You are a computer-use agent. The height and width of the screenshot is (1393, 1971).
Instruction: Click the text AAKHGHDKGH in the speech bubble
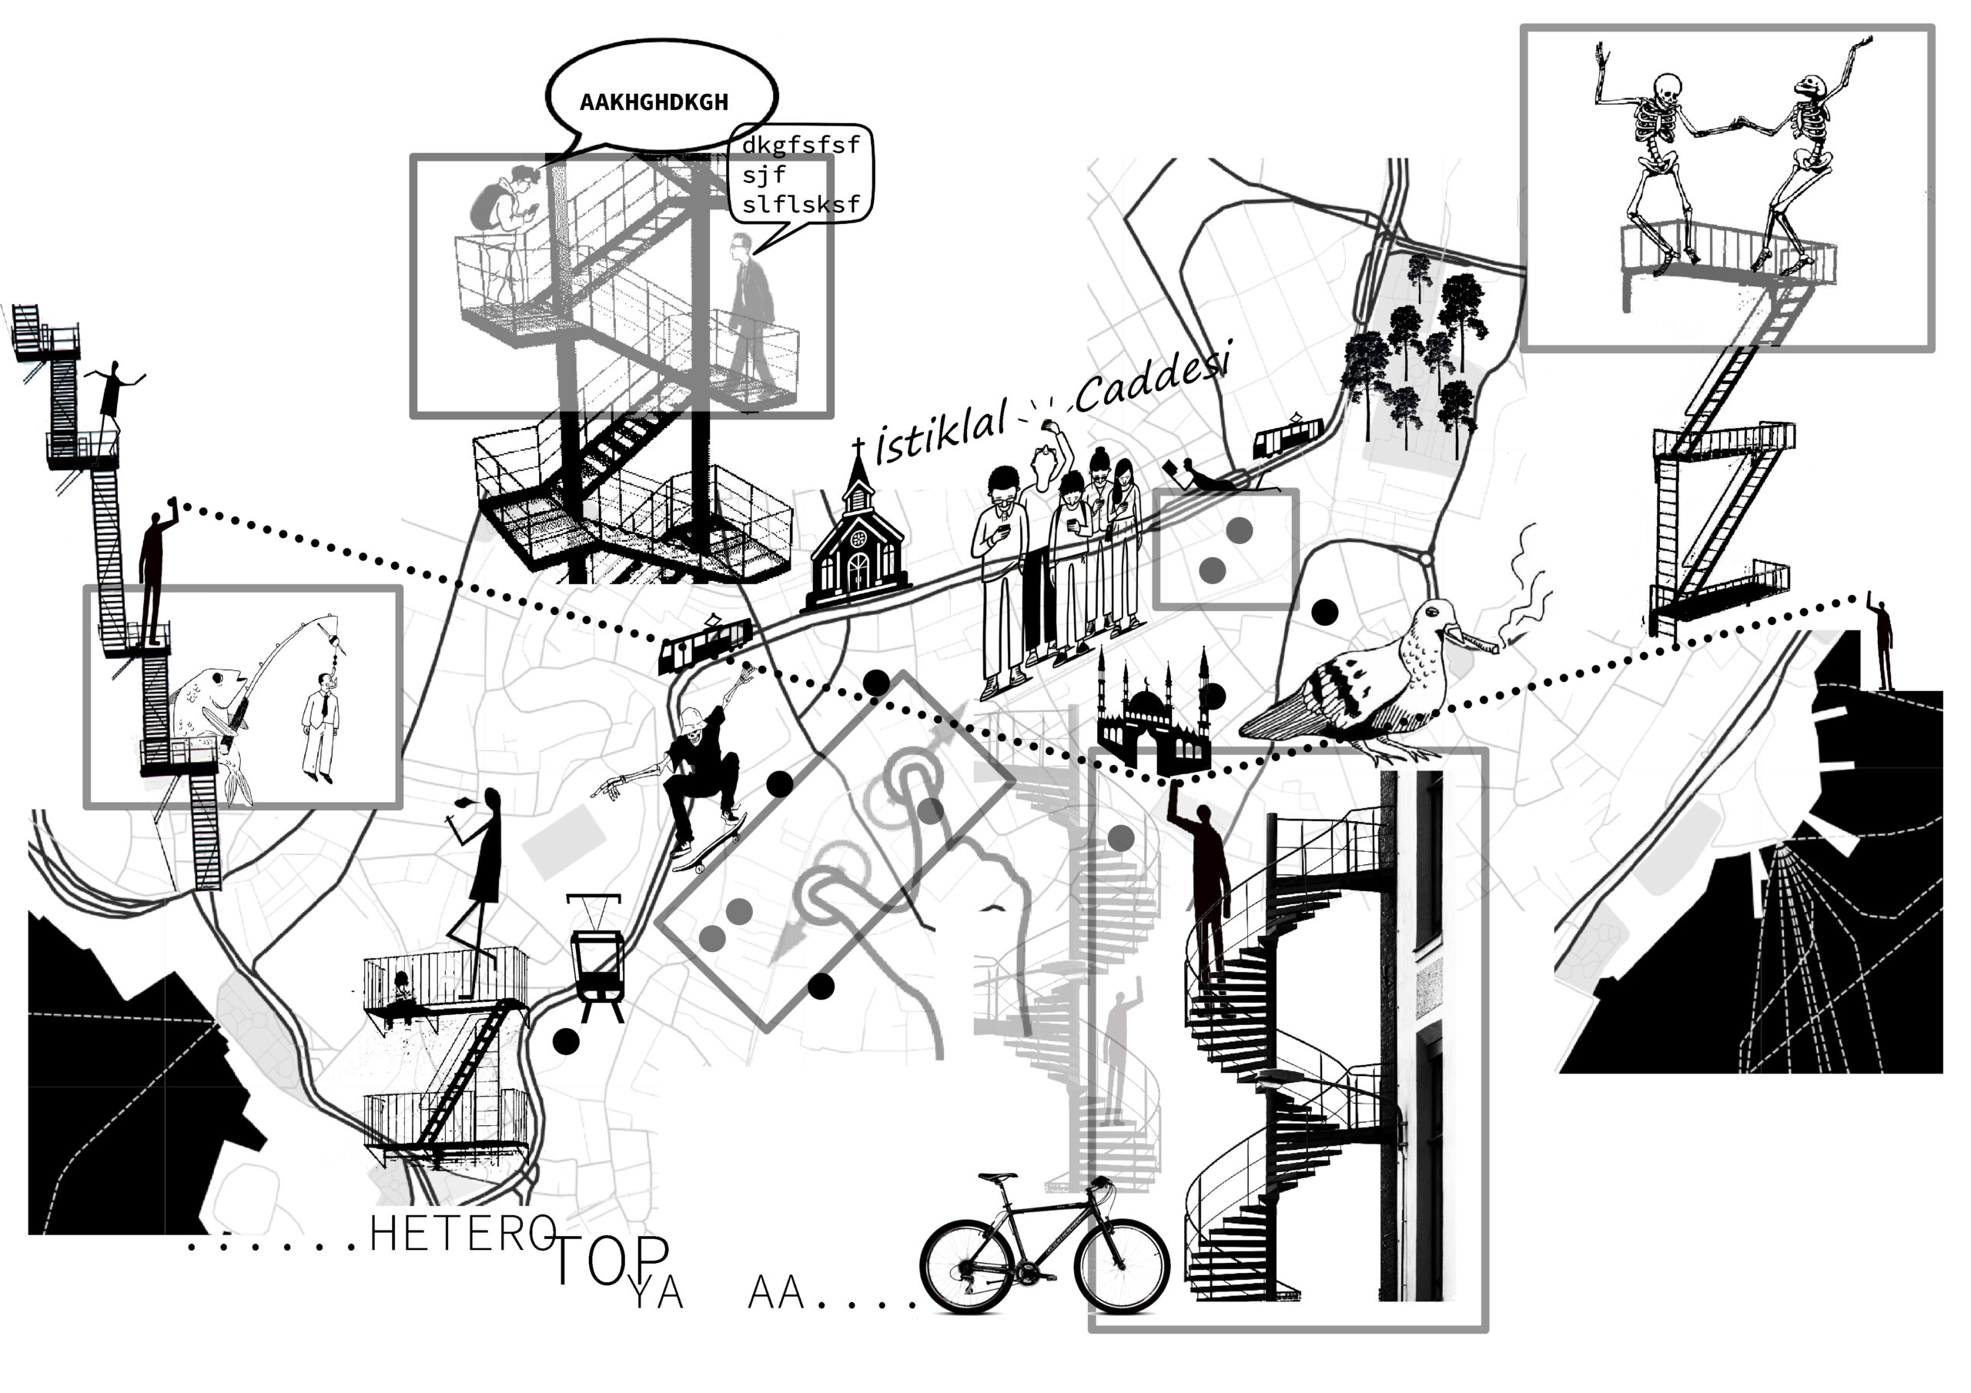click(x=654, y=102)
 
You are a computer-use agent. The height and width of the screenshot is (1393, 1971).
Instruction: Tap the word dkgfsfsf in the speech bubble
click(x=800, y=145)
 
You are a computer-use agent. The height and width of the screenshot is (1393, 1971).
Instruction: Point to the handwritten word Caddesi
click(x=1154, y=379)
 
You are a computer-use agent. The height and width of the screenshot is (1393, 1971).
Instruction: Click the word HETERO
click(x=462, y=1234)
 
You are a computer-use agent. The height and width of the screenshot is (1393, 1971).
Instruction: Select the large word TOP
click(x=611, y=1259)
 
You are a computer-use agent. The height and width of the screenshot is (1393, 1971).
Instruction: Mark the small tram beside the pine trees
click(x=1287, y=437)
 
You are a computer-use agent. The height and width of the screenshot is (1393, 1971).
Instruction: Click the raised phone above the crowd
click(x=1048, y=423)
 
